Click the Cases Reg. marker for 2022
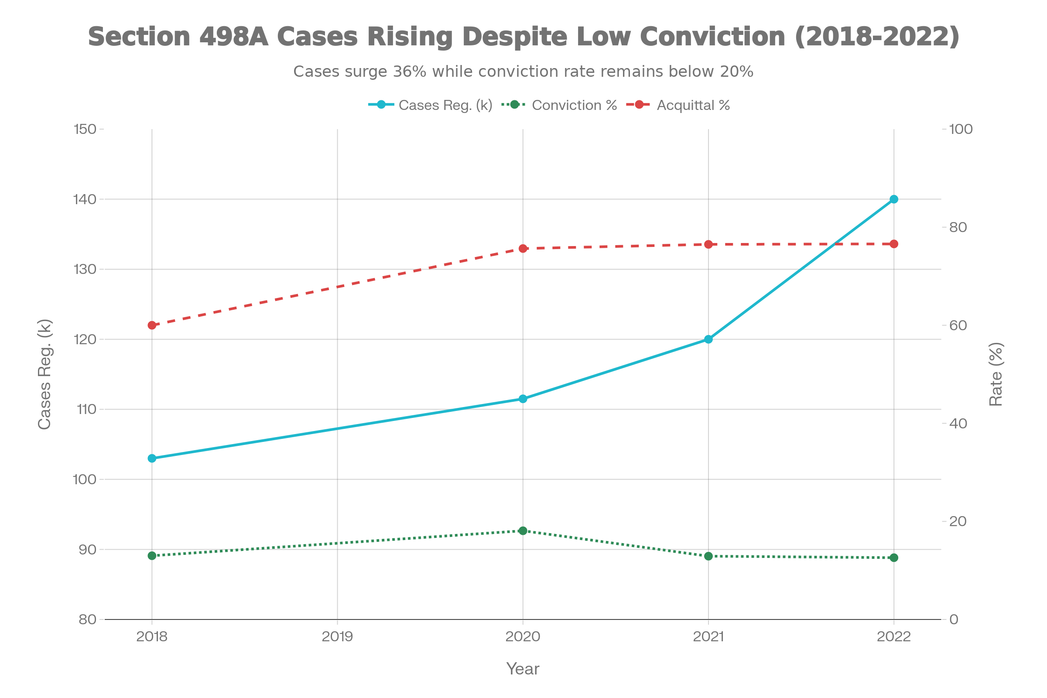coord(894,199)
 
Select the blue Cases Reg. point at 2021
coord(708,339)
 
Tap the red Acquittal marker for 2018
coord(152,325)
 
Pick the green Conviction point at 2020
coord(523,530)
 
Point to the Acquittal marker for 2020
coord(523,248)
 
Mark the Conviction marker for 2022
coord(894,558)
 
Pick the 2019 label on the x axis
coord(337,636)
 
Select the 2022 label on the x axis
coord(894,636)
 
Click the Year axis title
coord(523,669)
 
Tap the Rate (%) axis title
coord(996,374)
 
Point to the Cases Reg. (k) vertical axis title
coord(44,374)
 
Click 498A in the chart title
coord(234,37)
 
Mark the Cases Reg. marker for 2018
coord(152,458)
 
